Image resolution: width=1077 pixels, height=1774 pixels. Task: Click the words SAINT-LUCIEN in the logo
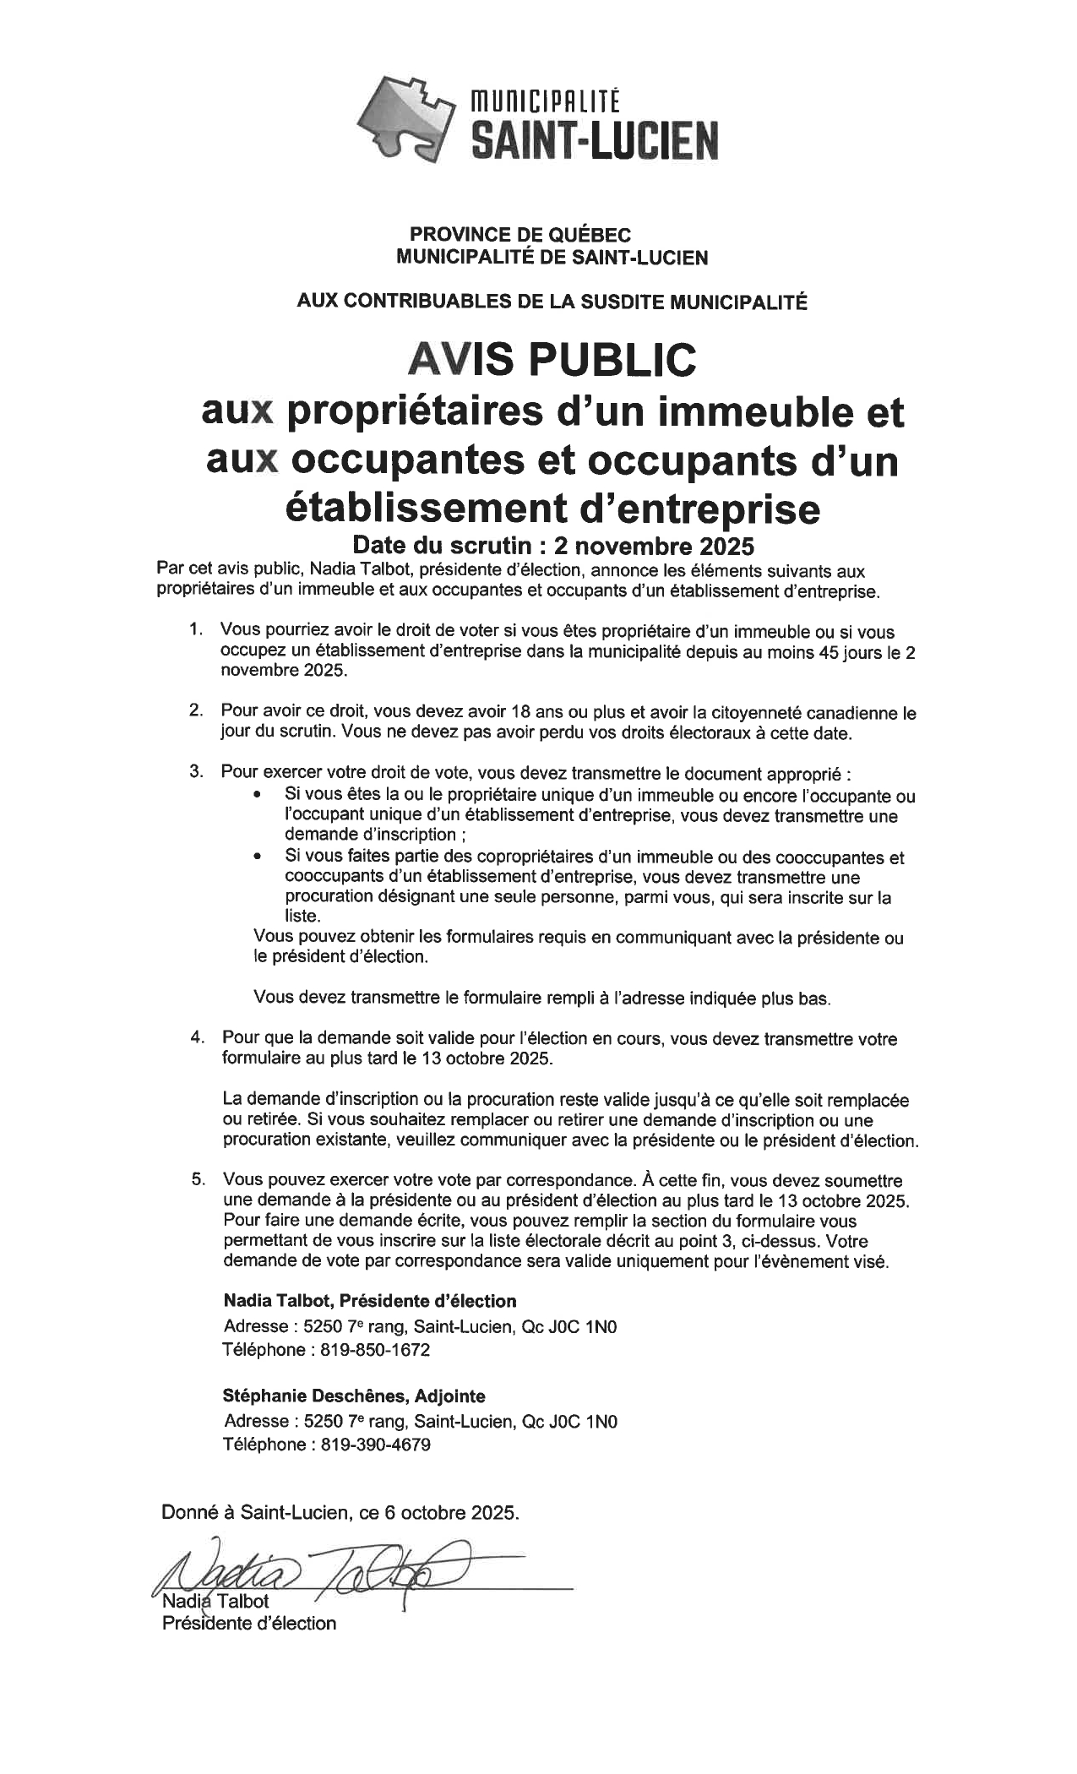pos(593,139)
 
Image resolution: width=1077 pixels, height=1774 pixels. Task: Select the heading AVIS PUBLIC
pos(552,359)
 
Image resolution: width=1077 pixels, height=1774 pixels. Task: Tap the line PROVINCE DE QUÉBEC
pos(520,235)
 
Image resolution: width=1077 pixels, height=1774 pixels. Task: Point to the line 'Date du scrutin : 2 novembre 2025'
pos(552,542)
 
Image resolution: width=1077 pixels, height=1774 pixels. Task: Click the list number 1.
pos(195,629)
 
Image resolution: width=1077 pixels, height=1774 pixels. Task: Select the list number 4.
pos(195,1037)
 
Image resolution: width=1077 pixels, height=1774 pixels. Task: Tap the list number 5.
pos(196,1179)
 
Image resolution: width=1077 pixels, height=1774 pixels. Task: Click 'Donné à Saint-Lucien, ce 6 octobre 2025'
pos(340,1512)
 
